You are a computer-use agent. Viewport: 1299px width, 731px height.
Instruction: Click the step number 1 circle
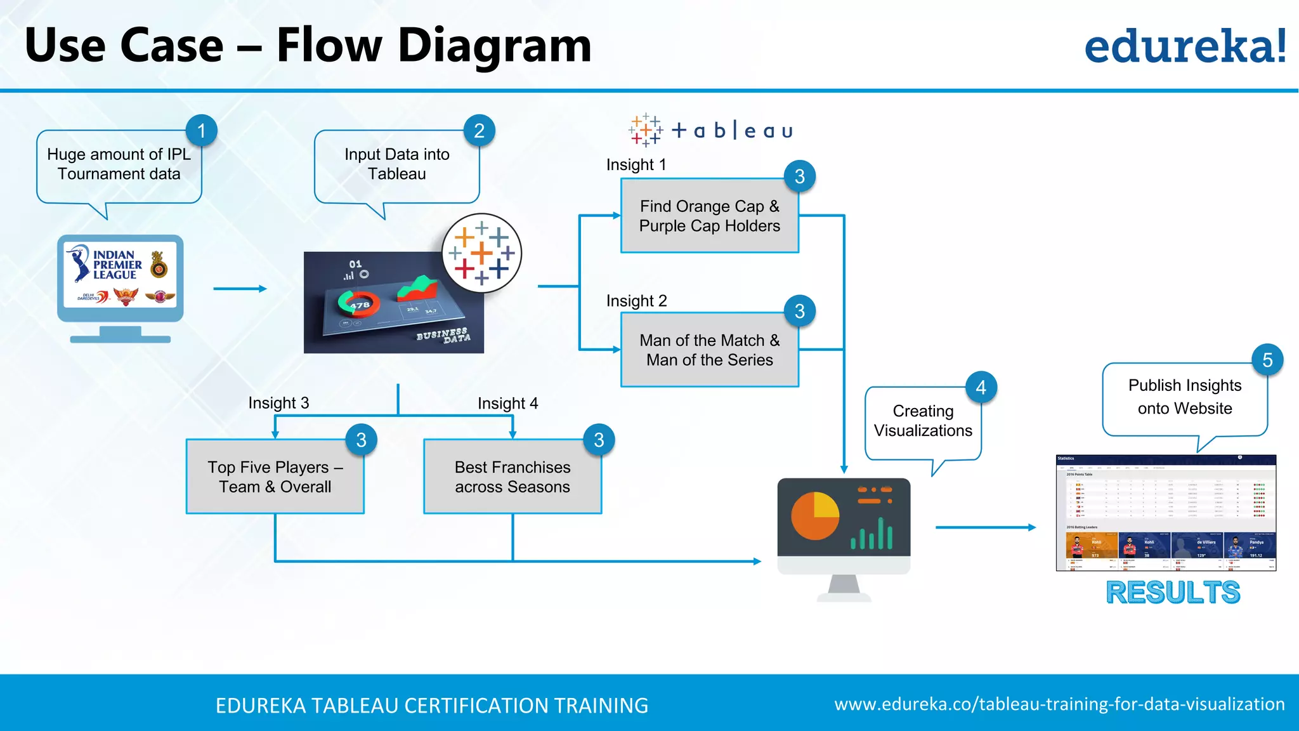point(202,131)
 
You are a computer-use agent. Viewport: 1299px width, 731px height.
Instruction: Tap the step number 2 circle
point(479,131)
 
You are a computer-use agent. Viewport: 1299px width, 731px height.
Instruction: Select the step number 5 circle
point(1267,360)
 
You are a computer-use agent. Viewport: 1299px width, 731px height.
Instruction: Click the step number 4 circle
point(981,387)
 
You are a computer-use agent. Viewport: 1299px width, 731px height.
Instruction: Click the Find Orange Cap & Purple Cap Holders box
point(709,216)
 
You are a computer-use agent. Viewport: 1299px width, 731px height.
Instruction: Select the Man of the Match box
point(709,350)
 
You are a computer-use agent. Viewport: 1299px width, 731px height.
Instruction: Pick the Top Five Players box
point(275,477)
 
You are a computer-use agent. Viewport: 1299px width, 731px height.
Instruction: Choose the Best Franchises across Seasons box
point(512,477)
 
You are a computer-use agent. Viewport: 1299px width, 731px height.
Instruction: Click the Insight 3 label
point(278,403)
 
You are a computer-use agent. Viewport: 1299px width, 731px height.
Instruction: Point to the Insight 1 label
point(636,165)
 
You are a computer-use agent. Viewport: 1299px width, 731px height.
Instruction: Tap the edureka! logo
point(1185,46)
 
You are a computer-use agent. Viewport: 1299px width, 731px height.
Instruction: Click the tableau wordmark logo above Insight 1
point(710,131)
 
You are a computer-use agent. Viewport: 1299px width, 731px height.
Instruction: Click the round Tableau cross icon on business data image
point(481,253)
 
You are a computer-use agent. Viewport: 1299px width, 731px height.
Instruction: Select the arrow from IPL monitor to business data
point(240,289)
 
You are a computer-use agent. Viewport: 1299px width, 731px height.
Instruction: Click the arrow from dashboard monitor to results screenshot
point(985,527)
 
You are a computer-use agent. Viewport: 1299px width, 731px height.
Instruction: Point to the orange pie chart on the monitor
point(815,515)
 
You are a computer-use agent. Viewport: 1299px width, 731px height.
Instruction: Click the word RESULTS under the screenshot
point(1172,593)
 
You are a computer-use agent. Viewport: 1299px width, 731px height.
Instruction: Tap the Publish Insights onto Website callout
point(1184,397)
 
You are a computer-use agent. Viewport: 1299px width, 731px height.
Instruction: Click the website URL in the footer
point(1059,704)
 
